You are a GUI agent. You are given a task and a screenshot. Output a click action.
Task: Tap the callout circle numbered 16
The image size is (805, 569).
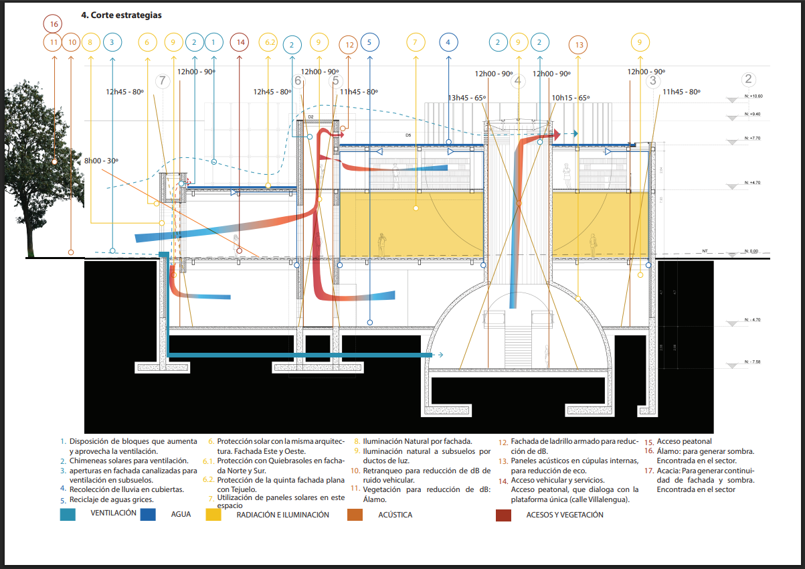point(54,24)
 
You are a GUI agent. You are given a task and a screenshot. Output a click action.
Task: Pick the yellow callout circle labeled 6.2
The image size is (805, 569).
point(269,43)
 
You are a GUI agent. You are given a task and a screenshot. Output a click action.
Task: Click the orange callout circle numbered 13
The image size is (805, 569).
point(579,46)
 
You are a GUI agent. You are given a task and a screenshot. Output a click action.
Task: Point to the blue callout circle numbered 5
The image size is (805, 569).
point(369,43)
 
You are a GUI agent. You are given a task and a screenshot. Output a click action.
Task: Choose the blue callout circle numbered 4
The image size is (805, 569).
point(449,43)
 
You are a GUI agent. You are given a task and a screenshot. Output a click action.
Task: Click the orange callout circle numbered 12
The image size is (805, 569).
point(348,46)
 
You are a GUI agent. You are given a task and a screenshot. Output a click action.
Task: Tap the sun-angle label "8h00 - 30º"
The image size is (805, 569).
point(101,161)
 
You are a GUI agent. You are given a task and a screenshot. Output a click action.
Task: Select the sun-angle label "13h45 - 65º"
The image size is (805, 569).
point(466,98)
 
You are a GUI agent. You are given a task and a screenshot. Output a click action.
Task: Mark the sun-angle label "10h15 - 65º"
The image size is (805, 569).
point(570,98)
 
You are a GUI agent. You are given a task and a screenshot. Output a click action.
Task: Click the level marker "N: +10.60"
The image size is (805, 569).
point(753,96)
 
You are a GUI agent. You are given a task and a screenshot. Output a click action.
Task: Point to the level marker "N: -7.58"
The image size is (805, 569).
point(753,362)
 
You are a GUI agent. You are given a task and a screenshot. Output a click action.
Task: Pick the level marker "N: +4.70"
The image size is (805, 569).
point(753,182)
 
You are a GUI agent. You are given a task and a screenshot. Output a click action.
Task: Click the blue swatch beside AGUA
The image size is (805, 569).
point(149,515)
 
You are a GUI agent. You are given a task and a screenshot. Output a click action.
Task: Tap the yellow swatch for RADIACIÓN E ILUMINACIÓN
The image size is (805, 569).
point(213,515)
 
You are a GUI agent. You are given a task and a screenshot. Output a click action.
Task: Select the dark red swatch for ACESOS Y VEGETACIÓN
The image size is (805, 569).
point(503,515)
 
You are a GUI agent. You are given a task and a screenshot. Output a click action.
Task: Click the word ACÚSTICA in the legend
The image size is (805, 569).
point(395,515)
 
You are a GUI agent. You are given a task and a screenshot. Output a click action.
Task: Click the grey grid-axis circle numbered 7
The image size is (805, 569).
point(163,82)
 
